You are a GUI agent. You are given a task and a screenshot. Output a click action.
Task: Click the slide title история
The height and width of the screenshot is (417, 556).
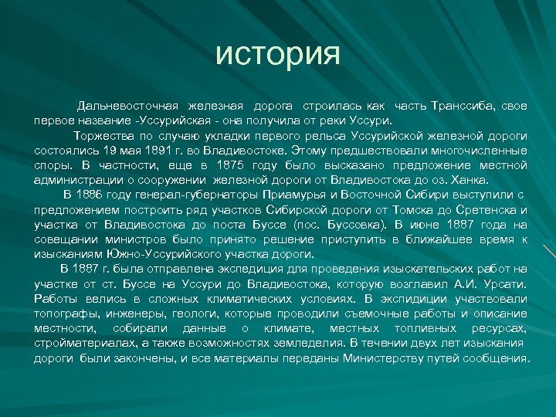[278, 53]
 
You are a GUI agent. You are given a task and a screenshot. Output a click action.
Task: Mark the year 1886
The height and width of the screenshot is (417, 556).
[97, 195]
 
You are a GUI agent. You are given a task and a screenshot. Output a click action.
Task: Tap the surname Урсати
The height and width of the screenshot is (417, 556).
[506, 284]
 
